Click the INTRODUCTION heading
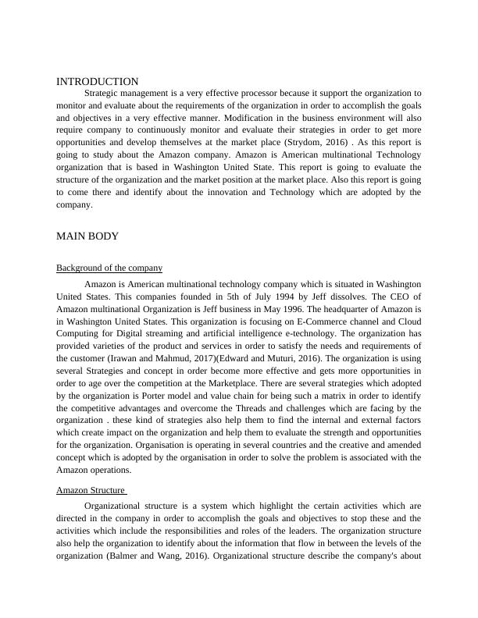[98, 81]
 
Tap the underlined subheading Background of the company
[109, 268]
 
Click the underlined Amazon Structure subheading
[91, 490]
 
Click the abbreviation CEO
[390, 297]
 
